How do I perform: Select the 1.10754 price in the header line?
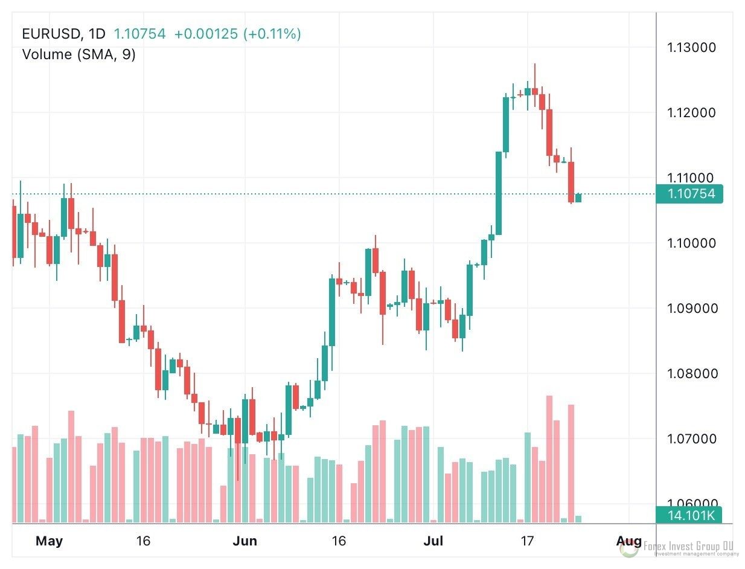139,34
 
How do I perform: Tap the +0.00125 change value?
206,34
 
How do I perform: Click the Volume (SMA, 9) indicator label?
78,54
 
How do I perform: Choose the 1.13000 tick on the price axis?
692,48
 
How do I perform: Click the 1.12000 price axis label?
692,113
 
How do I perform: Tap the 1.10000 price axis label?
692,243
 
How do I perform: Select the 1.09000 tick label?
692,309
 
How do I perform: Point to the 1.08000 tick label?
692,374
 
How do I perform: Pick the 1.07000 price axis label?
692,439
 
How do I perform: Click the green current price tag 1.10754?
691,194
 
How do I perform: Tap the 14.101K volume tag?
691,515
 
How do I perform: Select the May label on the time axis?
49,541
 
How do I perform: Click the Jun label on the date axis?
245,541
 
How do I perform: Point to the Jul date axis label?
433,541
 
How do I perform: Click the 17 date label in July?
527,541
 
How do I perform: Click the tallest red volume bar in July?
549,459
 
